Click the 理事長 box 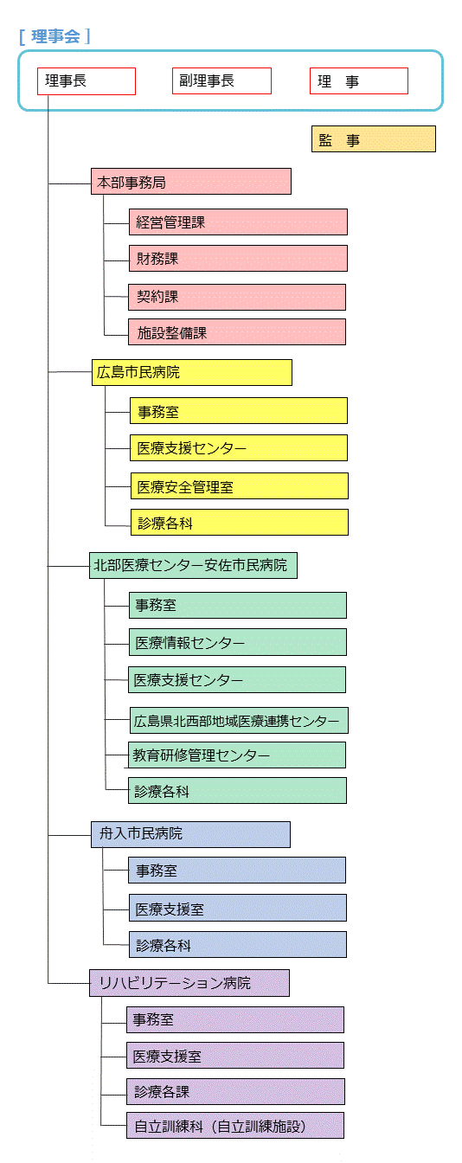(x=87, y=81)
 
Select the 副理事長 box (x=221, y=80)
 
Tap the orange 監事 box (x=374, y=138)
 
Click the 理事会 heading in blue (x=55, y=36)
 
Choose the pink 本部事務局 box (x=191, y=181)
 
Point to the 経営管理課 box (x=238, y=222)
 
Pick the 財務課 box (x=238, y=258)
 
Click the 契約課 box (x=237, y=297)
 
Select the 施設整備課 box (x=237, y=331)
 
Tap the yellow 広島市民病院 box (x=191, y=372)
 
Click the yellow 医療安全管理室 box (x=240, y=485)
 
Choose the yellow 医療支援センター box (x=239, y=447)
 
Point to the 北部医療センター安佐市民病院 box (x=193, y=565)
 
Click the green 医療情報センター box (x=238, y=642)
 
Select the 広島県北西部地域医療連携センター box (x=239, y=720)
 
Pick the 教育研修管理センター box (x=237, y=755)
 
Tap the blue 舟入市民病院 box (x=190, y=834)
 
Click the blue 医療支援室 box (x=238, y=908)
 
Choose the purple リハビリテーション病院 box (x=189, y=983)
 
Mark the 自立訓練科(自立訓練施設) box (x=235, y=1126)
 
